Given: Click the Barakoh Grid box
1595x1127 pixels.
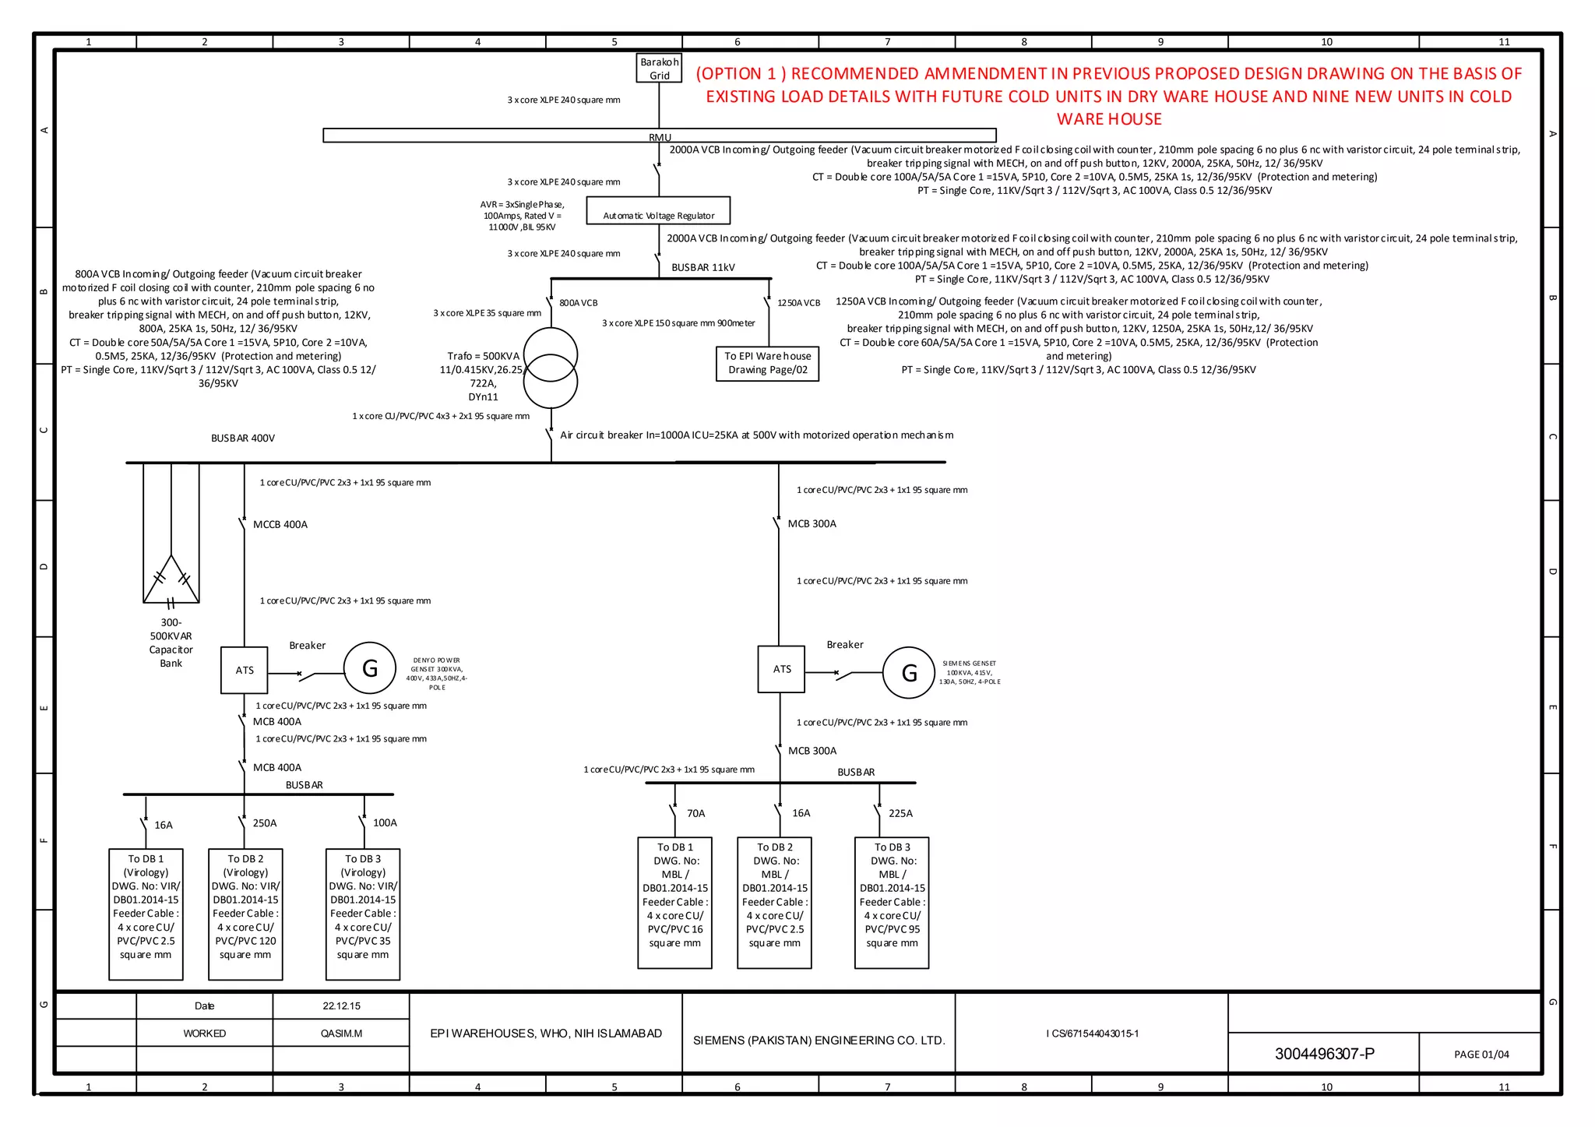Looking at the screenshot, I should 659,69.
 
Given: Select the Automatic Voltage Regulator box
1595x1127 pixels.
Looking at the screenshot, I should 658,210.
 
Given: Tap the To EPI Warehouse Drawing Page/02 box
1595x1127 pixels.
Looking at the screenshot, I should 767,363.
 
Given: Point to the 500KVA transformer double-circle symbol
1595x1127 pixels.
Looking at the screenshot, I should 551,368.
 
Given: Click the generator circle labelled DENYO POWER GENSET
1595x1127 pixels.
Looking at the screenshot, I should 370,668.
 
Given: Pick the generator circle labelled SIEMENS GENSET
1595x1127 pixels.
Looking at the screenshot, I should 908,673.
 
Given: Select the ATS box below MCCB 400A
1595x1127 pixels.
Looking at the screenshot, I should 245,670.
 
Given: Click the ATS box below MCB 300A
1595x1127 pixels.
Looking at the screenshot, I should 781,669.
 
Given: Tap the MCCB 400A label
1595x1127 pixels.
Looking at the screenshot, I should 280,525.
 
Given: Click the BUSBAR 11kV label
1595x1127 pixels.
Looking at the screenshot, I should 702,267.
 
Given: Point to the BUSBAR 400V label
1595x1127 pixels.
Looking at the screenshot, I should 242,438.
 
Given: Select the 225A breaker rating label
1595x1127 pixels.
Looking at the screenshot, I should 900,813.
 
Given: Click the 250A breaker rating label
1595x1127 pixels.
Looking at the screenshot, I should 264,823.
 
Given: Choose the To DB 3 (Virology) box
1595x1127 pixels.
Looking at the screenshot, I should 363,914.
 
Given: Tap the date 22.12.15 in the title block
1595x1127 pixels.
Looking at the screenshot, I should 341,1005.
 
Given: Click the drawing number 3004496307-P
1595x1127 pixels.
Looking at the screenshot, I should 1324,1054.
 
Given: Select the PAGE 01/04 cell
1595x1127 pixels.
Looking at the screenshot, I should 1481,1054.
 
